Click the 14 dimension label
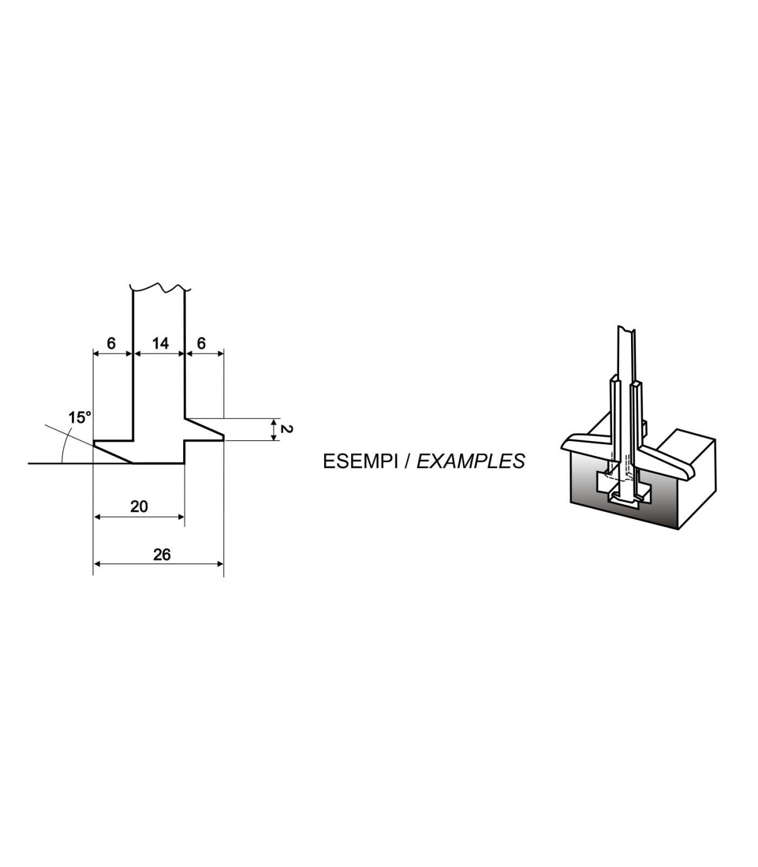(160, 343)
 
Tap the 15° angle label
(80, 417)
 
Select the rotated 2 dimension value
(285, 429)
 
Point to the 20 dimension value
(139, 506)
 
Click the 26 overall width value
(162, 554)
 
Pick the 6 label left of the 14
(112, 343)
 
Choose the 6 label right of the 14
(202, 343)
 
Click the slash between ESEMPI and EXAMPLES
(406, 461)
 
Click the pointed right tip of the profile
(223, 435)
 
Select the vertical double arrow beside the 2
(273, 429)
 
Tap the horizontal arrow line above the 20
(139, 516)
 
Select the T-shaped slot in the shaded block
(622, 490)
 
